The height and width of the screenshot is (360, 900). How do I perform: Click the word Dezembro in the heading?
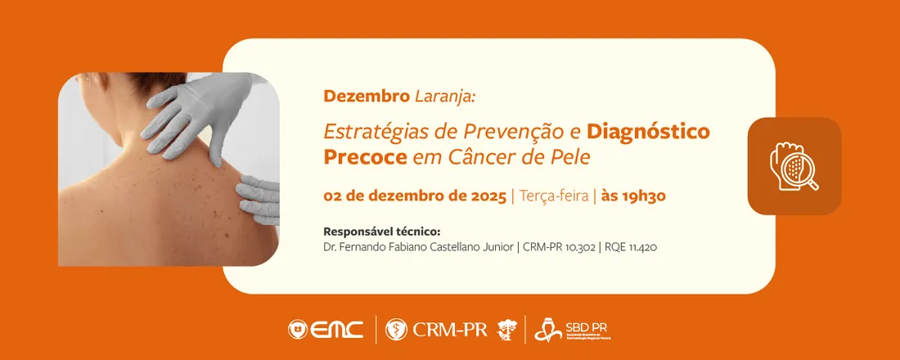[x=367, y=97]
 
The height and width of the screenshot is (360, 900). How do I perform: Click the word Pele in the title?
[x=569, y=155]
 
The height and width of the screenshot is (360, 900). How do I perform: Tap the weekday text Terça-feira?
[x=554, y=196]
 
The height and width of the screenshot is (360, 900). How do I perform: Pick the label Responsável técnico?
[x=382, y=231]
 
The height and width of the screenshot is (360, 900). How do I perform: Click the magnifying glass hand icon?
[x=794, y=166]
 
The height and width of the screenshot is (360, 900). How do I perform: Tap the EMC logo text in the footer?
[x=337, y=329]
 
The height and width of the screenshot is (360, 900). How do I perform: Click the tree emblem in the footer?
[x=507, y=329]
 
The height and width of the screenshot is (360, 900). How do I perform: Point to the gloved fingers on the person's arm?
[x=258, y=198]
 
